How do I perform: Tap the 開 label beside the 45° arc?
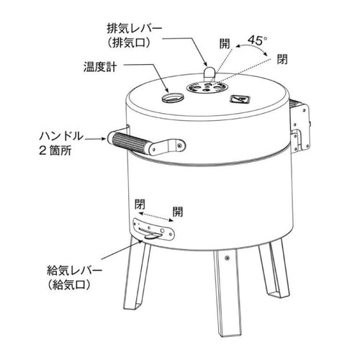pos(225,44)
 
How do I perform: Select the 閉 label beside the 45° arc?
pos(282,59)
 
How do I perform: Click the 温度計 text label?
pos(100,66)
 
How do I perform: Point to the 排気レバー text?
pos(135,30)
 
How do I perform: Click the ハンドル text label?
pos(61,136)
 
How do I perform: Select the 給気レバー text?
pos(74,271)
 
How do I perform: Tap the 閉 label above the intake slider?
pos(140,204)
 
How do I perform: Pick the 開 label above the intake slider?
pos(178,212)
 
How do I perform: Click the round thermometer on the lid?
pos(173,98)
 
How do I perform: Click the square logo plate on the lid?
pos(240,99)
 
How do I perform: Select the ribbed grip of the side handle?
pos(130,143)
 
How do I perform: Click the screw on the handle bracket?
pos(179,145)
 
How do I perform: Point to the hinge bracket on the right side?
pos(300,127)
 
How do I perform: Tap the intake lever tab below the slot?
pos(150,237)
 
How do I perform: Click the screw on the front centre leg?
pos(226,258)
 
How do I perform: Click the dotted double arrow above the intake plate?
pos(156,217)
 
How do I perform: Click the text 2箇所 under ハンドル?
pos(55,150)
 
